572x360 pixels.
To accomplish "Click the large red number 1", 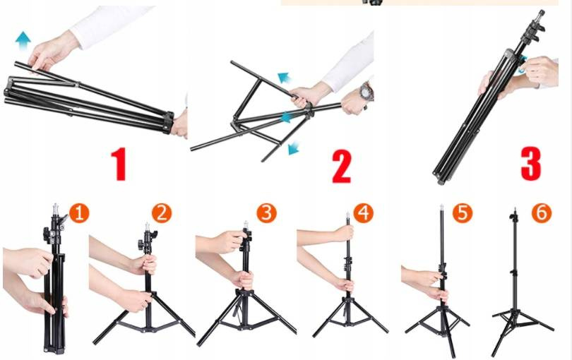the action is click(119, 164).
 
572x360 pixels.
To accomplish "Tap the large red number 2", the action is click(342, 167).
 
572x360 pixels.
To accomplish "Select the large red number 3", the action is click(531, 164).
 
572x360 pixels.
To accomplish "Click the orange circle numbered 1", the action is click(79, 213).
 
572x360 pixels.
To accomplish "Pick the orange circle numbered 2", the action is click(162, 213).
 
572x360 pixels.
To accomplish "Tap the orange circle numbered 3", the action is click(267, 213).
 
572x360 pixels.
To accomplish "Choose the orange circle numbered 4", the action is click(364, 213).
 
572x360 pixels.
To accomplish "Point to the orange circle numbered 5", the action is click(463, 213).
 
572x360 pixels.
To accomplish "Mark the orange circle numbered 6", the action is click(542, 213).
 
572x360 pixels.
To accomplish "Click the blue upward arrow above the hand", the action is click(23, 41).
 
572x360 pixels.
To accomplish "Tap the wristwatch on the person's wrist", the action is click(366, 92).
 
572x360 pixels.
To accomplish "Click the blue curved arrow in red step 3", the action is click(523, 64).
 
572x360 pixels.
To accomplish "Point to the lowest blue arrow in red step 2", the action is click(293, 148).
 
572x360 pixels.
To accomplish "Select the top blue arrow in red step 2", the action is click(284, 78).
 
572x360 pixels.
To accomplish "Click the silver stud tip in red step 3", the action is click(541, 14).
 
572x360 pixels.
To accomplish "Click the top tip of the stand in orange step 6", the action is click(515, 210).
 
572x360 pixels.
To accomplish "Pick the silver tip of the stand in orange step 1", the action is click(56, 209).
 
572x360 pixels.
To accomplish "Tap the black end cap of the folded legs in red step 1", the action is click(168, 122).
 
